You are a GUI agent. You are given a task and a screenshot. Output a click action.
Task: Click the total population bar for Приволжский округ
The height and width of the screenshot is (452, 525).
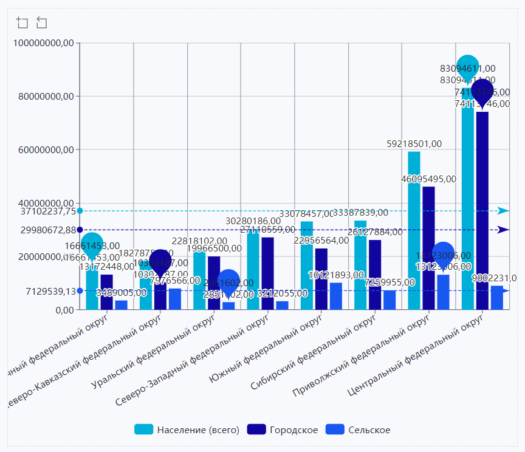[414, 231]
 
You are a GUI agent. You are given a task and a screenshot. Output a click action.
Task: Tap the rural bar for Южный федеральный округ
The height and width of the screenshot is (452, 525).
[336, 296]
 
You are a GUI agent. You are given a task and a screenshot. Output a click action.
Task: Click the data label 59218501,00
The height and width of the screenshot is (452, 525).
[414, 144]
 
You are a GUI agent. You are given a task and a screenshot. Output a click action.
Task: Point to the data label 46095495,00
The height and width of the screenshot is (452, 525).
[428, 179]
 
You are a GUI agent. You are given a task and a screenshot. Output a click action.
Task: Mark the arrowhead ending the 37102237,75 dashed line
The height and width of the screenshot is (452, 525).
[504, 211]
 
